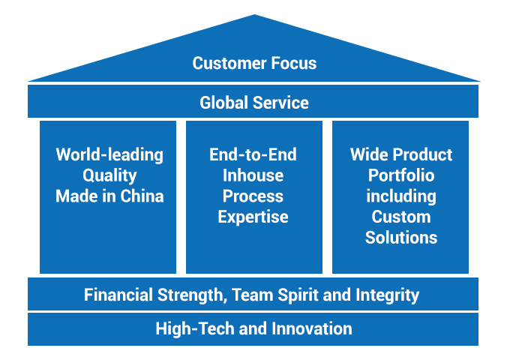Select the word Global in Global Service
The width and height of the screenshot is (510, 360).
pos(223,102)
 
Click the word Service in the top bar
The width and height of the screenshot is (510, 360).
pos(280,102)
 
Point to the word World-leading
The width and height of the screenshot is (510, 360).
pos(109,155)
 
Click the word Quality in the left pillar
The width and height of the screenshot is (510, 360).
pos(109,176)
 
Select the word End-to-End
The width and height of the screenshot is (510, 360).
pos(253,155)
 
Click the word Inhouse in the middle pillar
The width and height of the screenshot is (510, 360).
pos(253,176)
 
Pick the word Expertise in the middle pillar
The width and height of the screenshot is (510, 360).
pos(253,217)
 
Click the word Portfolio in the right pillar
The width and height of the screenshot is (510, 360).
pos(401,176)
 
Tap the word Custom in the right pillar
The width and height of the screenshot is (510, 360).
pos(401,217)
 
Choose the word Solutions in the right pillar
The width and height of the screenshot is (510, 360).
pos(401,238)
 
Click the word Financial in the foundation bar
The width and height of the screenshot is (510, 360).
pos(117,295)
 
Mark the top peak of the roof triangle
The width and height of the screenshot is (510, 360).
pos(254,16)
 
